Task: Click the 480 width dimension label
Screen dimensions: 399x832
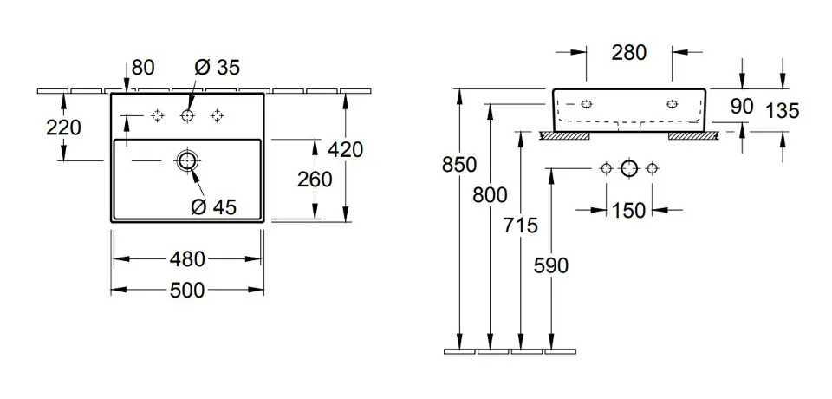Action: (x=187, y=258)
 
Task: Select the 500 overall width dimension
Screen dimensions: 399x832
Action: (x=187, y=290)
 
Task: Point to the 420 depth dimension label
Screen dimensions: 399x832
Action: (x=346, y=149)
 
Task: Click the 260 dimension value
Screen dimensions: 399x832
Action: (x=314, y=180)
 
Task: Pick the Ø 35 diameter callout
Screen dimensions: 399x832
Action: (x=218, y=67)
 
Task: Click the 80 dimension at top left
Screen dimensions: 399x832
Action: (x=143, y=67)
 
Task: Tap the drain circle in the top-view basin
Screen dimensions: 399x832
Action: (x=187, y=160)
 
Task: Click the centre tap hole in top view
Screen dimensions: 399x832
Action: (x=187, y=115)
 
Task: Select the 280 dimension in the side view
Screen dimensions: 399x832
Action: (x=628, y=53)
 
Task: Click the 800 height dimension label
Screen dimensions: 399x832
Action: (x=491, y=196)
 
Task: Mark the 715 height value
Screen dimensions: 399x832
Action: (x=520, y=226)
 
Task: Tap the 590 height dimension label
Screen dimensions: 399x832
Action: (x=551, y=265)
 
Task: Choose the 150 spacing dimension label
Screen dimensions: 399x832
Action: (x=628, y=210)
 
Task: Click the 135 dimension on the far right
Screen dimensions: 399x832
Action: (x=783, y=110)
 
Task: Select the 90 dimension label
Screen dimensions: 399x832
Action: (x=742, y=107)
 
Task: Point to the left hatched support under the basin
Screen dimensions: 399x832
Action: (x=565, y=135)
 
